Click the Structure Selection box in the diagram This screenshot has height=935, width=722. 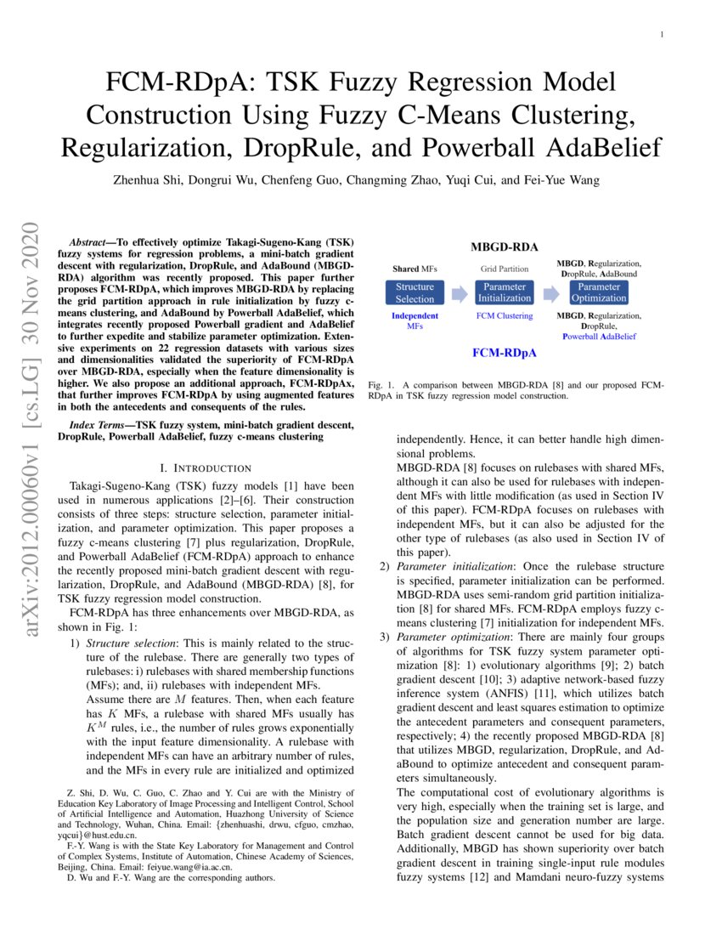415,292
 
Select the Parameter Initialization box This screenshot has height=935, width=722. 505,292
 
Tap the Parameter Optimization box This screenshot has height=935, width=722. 599,292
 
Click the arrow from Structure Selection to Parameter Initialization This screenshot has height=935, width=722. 459,293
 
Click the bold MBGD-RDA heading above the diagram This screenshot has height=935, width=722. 505,247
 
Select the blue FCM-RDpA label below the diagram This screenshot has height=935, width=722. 505,351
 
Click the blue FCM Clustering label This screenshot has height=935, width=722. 505,316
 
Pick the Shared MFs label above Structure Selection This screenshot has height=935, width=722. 415,269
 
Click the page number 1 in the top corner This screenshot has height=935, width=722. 662,34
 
